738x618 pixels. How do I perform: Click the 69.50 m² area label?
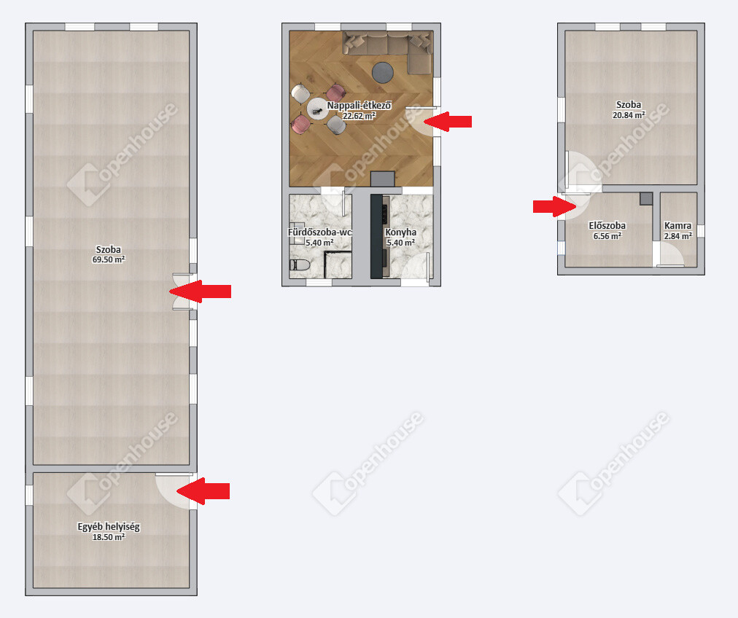click(109, 259)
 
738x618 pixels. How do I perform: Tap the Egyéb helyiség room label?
click(109, 527)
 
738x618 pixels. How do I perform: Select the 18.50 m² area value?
click(109, 537)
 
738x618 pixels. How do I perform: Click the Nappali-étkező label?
click(359, 106)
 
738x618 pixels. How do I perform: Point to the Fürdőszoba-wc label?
click(320, 232)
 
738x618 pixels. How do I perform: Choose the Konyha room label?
click(400, 232)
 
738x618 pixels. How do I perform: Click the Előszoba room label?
click(607, 225)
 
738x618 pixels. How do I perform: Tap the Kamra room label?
click(677, 226)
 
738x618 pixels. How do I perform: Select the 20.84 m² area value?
click(629, 115)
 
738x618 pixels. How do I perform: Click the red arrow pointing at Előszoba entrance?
click(554, 206)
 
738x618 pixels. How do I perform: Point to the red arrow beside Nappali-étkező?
click(447, 122)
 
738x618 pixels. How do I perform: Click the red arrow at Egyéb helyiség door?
click(203, 491)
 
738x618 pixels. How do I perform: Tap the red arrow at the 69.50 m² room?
click(200, 292)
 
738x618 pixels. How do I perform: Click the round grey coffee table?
click(383, 72)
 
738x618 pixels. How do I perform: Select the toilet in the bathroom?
click(300, 265)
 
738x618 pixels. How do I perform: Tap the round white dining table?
click(318, 109)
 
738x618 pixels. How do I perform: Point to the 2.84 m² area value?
click(677, 236)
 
